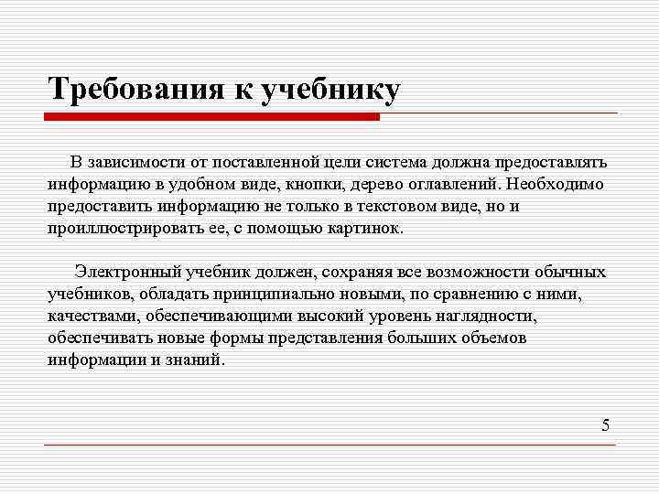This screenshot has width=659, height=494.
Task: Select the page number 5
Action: pos(605,424)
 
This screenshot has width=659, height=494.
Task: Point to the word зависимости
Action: pos(137,162)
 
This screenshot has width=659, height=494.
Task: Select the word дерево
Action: pos(365,184)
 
